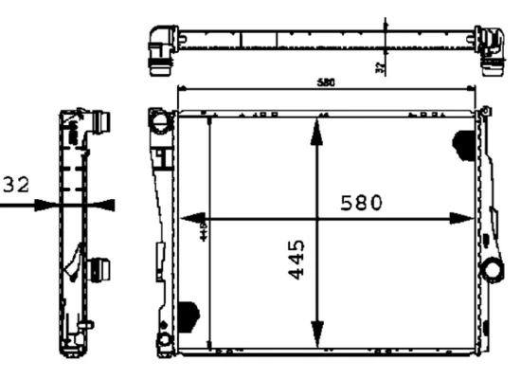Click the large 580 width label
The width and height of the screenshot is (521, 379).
click(x=361, y=202)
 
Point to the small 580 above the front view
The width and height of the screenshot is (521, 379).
click(x=325, y=83)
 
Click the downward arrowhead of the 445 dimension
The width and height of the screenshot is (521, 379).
click(x=315, y=338)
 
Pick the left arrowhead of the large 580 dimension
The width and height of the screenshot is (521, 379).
click(x=189, y=217)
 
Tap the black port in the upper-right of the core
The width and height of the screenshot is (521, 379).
click(x=465, y=143)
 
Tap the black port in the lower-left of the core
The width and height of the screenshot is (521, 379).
click(x=189, y=314)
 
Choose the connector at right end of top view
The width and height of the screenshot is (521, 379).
click(x=492, y=48)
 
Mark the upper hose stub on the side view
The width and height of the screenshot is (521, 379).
click(x=100, y=123)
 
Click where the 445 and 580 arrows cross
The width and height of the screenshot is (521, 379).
click(x=315, y=217)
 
